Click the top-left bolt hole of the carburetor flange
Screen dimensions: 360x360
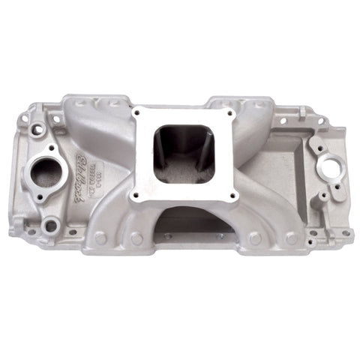[138, 114]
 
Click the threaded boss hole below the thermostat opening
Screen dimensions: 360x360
[51, 224]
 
